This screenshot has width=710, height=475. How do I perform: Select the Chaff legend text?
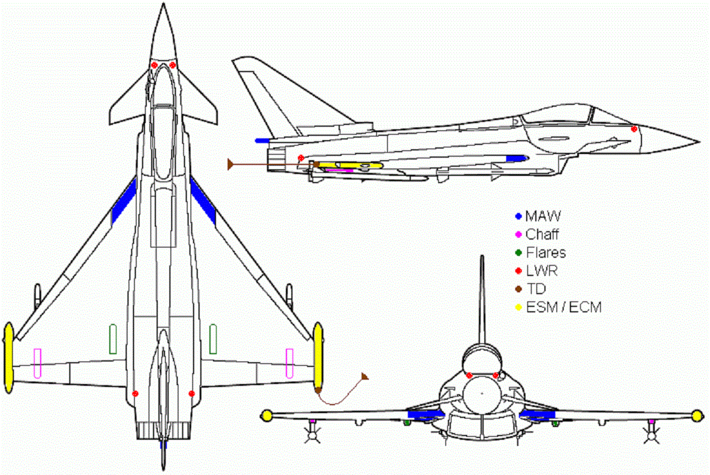coord(542,234)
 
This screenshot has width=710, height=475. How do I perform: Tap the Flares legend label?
coord(546,252)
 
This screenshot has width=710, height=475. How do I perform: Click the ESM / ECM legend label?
coord(563,307)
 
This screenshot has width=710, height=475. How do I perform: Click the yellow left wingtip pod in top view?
coord(8,358)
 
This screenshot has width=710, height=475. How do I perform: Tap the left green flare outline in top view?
coord(112,339)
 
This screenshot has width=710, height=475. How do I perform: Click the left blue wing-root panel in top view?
coord(125,201)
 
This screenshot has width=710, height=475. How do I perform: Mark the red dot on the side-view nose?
coord(634,129)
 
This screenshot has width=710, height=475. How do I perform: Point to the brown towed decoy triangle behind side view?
coord(231,164)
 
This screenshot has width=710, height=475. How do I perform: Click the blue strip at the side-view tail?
coord(263,141)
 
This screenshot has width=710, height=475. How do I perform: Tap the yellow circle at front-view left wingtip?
coord(266,416)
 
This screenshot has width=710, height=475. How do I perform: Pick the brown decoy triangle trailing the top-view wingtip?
coord(365,377)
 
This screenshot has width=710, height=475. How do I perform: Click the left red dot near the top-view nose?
coord(154,65)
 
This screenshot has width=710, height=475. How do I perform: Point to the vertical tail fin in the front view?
coord(482,297)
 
